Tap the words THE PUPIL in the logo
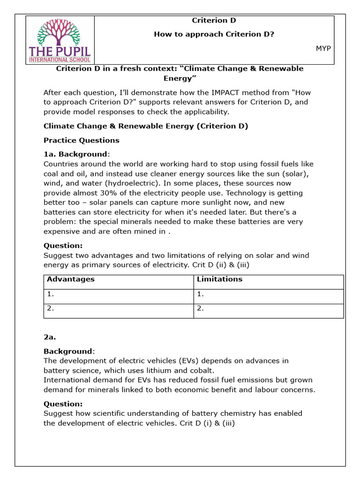pos(60,51)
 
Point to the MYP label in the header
pos(323,48)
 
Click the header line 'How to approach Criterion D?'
pos(214,34)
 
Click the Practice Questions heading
pos(82,140)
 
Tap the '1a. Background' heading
pos(75,154)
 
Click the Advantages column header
pos(71,279)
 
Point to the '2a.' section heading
pos(50,337)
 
